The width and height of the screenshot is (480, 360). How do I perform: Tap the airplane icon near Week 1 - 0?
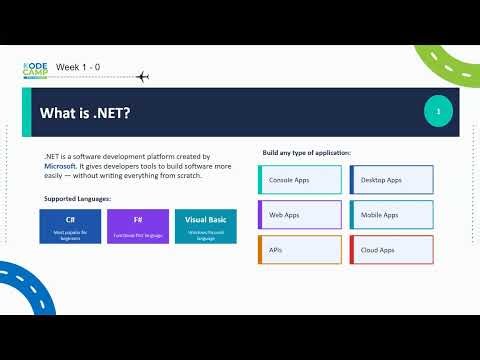pos(141,76)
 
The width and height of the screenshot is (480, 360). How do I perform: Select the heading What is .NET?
pos(84,113)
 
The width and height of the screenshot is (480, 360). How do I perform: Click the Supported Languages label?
pos(77,198)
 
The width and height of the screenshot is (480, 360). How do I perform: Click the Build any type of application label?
pos(306,152)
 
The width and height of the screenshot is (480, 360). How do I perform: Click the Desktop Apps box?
pos(391,180)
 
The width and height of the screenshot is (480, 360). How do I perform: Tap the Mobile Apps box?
pos(391,215)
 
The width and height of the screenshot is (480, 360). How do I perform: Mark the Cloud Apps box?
pos(391,250)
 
